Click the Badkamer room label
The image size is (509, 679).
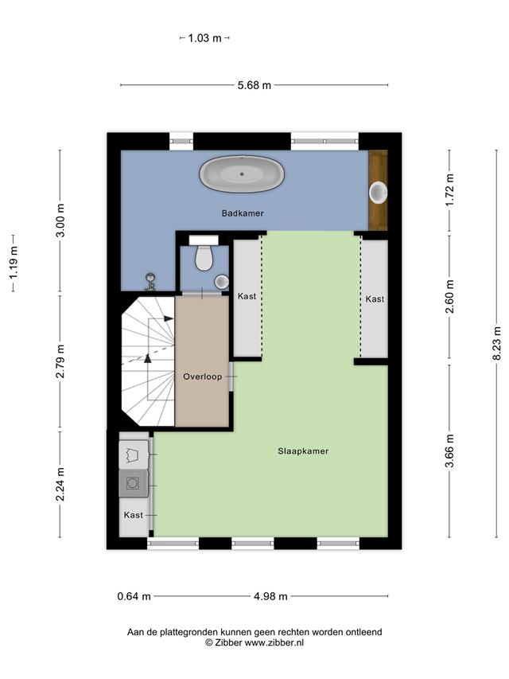[243, 213]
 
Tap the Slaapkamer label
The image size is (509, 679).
[303, 451]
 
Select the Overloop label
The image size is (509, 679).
[203, 377]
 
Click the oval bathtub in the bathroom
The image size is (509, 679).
[242, 174]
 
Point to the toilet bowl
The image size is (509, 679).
[204, 258]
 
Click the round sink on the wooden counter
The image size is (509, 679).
[379, 193]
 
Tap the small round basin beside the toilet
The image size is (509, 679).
[222, 282]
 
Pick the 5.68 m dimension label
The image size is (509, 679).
[254, 85]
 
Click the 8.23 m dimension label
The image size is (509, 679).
[497, 343]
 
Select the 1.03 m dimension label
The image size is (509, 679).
[204, 38]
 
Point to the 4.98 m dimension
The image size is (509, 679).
[270, 596]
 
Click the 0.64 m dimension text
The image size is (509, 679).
[134, 596]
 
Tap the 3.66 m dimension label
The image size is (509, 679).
[450, 451]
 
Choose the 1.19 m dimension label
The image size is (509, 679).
[14, 263]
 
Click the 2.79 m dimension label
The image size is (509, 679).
[60, 361]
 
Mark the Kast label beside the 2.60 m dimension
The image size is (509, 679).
[375, 299]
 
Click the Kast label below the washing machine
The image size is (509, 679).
[134, 515]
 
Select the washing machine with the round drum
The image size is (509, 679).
[133, 483]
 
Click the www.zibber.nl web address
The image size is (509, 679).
[274, 643]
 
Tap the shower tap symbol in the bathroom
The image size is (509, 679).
[150, 281]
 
